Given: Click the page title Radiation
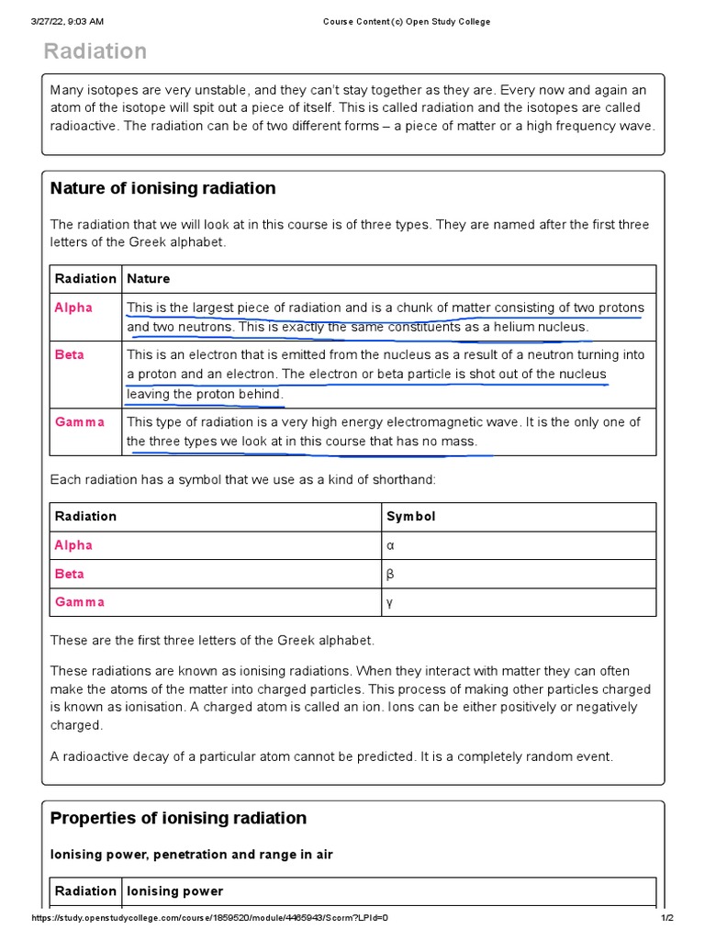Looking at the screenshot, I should point(95,51).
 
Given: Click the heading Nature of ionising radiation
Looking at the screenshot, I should point(162,188).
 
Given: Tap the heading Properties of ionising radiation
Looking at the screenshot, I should point(178,818).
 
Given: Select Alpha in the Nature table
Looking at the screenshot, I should point(73,308).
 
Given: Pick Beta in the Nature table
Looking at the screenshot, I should point(70,354).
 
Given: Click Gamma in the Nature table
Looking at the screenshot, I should point(80,422).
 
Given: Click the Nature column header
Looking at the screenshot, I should point(148,278).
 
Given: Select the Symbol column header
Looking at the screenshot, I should point(410,516).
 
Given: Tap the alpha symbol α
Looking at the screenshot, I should point(390,545).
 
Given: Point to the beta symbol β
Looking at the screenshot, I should point(390,574).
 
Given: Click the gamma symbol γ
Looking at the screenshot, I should point(390,602).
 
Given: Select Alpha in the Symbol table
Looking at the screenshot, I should point(73,545).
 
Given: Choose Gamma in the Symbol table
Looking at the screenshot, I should point(80,602).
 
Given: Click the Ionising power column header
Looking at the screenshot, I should point(174,891).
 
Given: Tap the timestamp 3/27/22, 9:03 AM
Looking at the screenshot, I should point(67,21).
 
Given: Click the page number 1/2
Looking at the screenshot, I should point(667,919).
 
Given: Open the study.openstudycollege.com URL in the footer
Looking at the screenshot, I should point(210,919).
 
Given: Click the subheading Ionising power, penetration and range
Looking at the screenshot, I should point(191,855).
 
